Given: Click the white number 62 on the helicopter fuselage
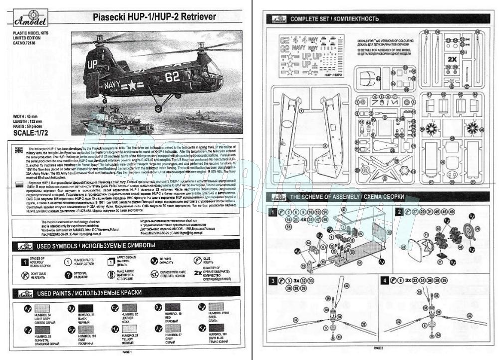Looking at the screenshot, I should pos(172,76).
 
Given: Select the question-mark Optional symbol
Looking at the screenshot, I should pos(68,275).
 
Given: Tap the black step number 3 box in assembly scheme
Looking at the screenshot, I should pos(273,281).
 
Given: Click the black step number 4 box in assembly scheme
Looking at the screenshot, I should pos(385,281).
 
